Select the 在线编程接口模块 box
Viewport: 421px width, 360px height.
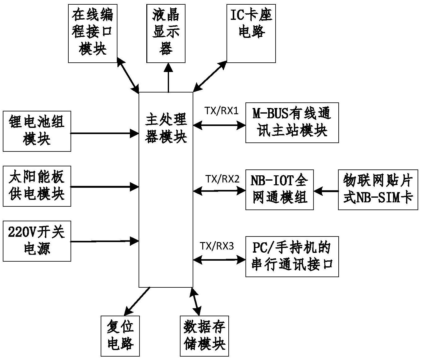pyautogui.click(x=93, y=33)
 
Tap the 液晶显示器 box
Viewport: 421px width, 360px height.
pyautogui.click(x=166, y=33)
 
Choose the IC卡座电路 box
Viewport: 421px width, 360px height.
pyautogui.click(x=251, y=33)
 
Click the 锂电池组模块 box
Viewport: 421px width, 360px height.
pyautogui.click(x=37, y=131)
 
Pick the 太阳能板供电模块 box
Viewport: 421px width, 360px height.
pyautogui.click(x=37, y=186)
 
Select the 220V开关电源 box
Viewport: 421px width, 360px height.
pyautogui.click(x=37, y=241)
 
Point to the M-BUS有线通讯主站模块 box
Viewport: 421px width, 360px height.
pyautogui.click(x=292, y=123)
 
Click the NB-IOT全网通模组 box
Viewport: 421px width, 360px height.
pyautogui.click(x=279, y=189)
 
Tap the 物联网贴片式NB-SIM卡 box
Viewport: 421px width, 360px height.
pyautogui.click(x=378, y=189)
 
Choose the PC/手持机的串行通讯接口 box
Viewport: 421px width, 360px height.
pyautogui.click(x=292, y=256)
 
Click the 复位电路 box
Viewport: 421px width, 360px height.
pyautogui.click(x=120, y=336)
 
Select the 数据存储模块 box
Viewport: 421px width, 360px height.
pyautogui.click(x=204, y=336)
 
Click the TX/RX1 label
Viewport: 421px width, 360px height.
pyautogui.click(x=221, y=111)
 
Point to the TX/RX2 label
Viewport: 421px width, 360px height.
pyautogui.click(x=222, y=179)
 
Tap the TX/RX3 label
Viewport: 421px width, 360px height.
pyautogui.click(x=217, y=246)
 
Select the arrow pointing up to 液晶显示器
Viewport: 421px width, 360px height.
pyautogui.click(x=168, y=78)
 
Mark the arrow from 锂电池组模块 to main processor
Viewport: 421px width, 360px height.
pyautogui.click(x=105, y=133)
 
